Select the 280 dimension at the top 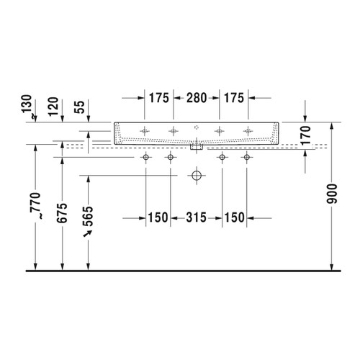(x=197, y=97)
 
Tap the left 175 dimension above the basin (x=158, y=97)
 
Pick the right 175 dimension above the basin (x=235, y=97)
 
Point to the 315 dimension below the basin (x=196, y=217)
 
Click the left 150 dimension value (x=158, y=217)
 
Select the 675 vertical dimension (x=63, y=210)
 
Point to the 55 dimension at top (x=89, y=109)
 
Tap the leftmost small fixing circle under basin (x=146, y=157)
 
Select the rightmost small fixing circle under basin (x=247, y=157)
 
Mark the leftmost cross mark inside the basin (x=146, y=130)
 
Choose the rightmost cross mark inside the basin (x=248, y=130)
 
